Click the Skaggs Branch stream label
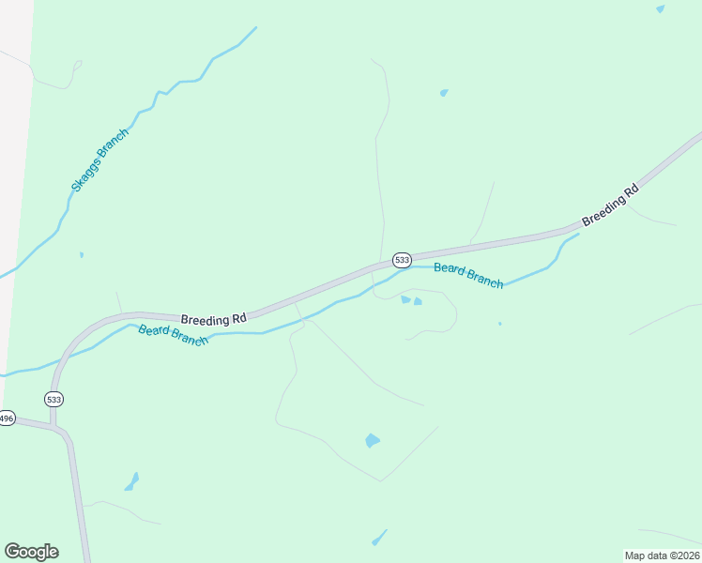click(99, 160)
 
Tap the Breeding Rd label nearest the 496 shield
click(213, 320)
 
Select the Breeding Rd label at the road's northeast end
click(610, 205)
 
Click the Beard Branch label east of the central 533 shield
click(468, 276)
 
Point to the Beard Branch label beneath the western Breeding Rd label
click(173, 335)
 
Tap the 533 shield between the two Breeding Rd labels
click(402, 259)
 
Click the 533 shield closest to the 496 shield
click(54, 399)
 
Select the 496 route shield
click(7, 418)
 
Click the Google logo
click(31, 552)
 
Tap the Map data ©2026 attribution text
click(661, 555)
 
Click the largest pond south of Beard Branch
click(373, 440)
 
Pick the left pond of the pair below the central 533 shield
click(405, 299)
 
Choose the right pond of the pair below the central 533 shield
click(418, 301)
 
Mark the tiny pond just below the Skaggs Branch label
click(82, 254)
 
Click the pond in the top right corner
click(661, 8)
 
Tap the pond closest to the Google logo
click(131, 482)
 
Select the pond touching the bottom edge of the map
click(379, 538)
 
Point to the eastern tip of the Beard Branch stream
click(578, 234)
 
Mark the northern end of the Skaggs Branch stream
click(255, 27)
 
